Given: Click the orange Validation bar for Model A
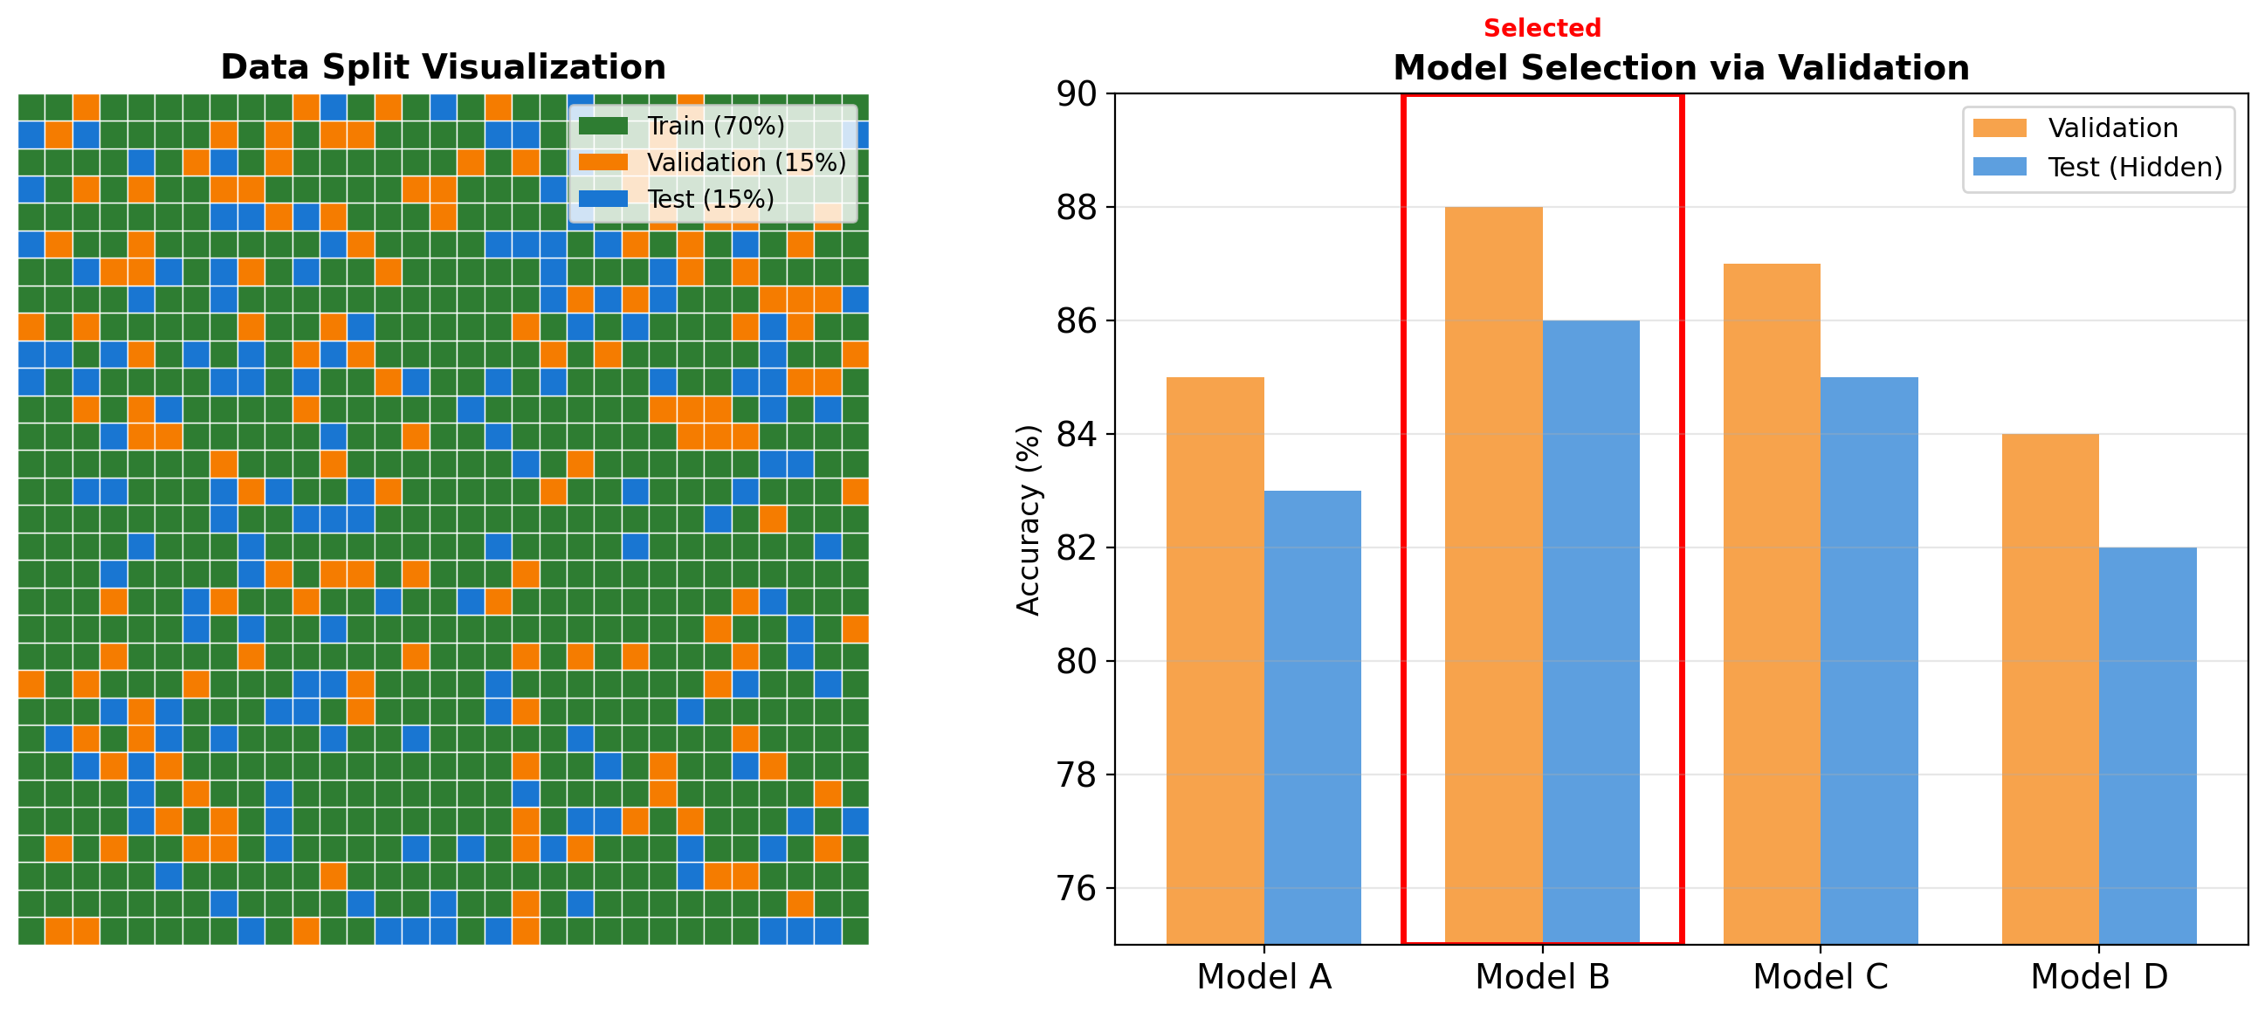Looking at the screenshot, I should pyautogui.click(x=1215, y=659).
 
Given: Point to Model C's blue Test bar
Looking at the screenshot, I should pyautogui.click(x=1869, y=659).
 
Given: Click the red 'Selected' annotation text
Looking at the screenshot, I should pyautogui.click(x=1542, y=28).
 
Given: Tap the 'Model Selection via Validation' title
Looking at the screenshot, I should pyautogui.click(x=1680, y=68).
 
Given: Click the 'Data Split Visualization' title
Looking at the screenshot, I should pyautogui.click(x=444, y=67).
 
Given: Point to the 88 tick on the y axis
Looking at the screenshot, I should pyautogui.click(x=1077, y=208).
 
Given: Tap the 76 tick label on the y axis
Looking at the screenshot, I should pyautogui.click(x=1077, y=888).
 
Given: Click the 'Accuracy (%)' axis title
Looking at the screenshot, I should pyautogui.click(x=1028, y=520).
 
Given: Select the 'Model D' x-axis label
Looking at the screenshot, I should pyautogui.click(x=2099, y=977).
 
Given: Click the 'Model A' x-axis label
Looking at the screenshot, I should pyautogui.click(x=1263, y=977).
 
